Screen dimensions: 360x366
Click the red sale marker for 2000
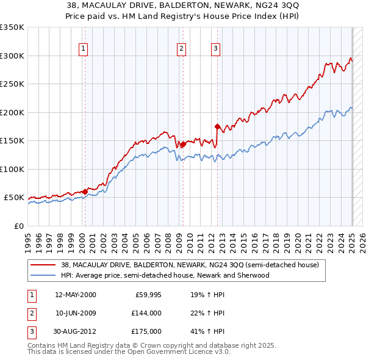coord(85,192)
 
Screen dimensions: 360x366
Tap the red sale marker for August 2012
coord(217,126)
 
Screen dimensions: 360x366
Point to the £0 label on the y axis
coord(18,226)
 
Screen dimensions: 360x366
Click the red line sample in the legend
coord(44,265)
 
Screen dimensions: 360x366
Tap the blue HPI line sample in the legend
coord(44,275)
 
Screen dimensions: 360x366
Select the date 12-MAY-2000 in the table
coord(76,295)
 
